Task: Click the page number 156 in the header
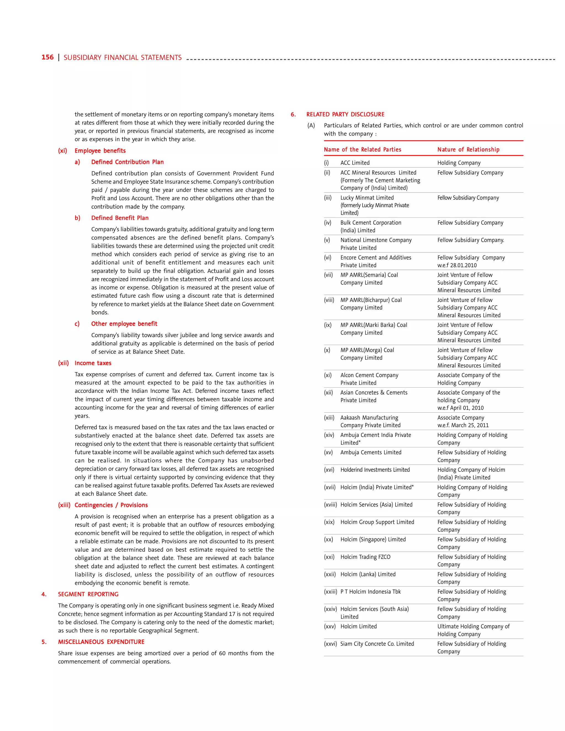47,57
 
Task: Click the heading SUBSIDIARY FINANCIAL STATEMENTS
122,58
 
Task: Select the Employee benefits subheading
100,151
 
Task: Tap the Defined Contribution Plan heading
127,162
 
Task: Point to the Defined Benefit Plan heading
120,218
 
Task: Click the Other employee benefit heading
124,324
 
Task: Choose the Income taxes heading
93,363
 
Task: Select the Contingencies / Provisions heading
111,505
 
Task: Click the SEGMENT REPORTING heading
88,594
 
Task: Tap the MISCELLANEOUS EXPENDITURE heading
101,642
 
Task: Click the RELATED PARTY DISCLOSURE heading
345,114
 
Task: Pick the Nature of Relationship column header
468,150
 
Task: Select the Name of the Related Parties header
362,150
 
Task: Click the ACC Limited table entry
355,163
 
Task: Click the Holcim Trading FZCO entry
365,557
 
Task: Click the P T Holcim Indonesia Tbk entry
370,592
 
